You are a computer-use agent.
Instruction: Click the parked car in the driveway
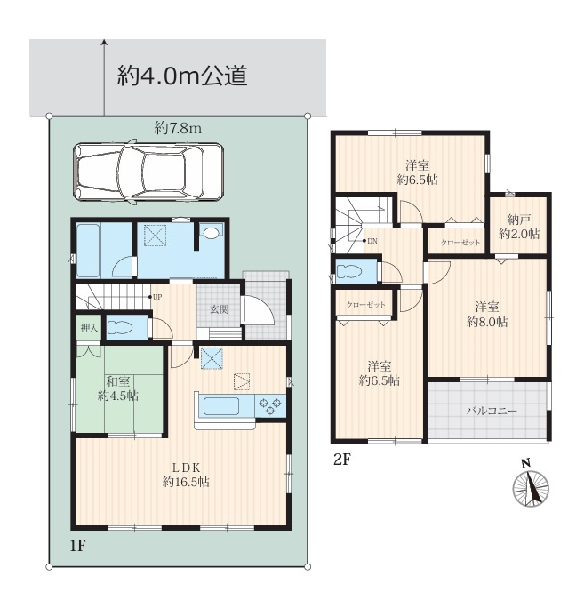click(x=148, y=172)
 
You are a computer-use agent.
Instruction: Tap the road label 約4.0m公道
click(x=182, y=76)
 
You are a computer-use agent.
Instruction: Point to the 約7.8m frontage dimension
click(x=178, y=128)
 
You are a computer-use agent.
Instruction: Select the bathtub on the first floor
click(x=88, y=251)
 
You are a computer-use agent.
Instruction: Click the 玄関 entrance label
click(x=220, y=308)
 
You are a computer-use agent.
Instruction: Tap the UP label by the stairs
click(x=157, y=297)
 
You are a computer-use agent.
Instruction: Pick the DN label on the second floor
click(x=372, y=241)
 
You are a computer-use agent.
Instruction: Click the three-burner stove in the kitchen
click(x=270, y=406)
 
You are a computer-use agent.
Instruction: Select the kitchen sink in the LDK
click(x=221, y=406)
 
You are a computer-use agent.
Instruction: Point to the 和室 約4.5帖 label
click(x=118, y=388)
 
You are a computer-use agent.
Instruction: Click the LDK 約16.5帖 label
click(x=186, y=475)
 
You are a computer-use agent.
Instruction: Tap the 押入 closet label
click(x=89, y=328)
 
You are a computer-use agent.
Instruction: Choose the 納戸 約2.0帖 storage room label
click(x=519, y=227)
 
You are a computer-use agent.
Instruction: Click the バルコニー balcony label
click(x=492, y=411)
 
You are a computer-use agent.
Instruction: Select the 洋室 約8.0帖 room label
click(x=487, y=314)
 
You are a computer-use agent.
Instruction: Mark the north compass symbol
click(x=531, y=485)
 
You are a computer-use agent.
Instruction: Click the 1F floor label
click(x=77, y=546)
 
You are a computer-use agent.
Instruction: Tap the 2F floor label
click(x=342, y=460)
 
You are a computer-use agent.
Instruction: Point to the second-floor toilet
click(x=349, y=271)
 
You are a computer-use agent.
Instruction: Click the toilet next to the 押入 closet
click(x=120, y=328)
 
